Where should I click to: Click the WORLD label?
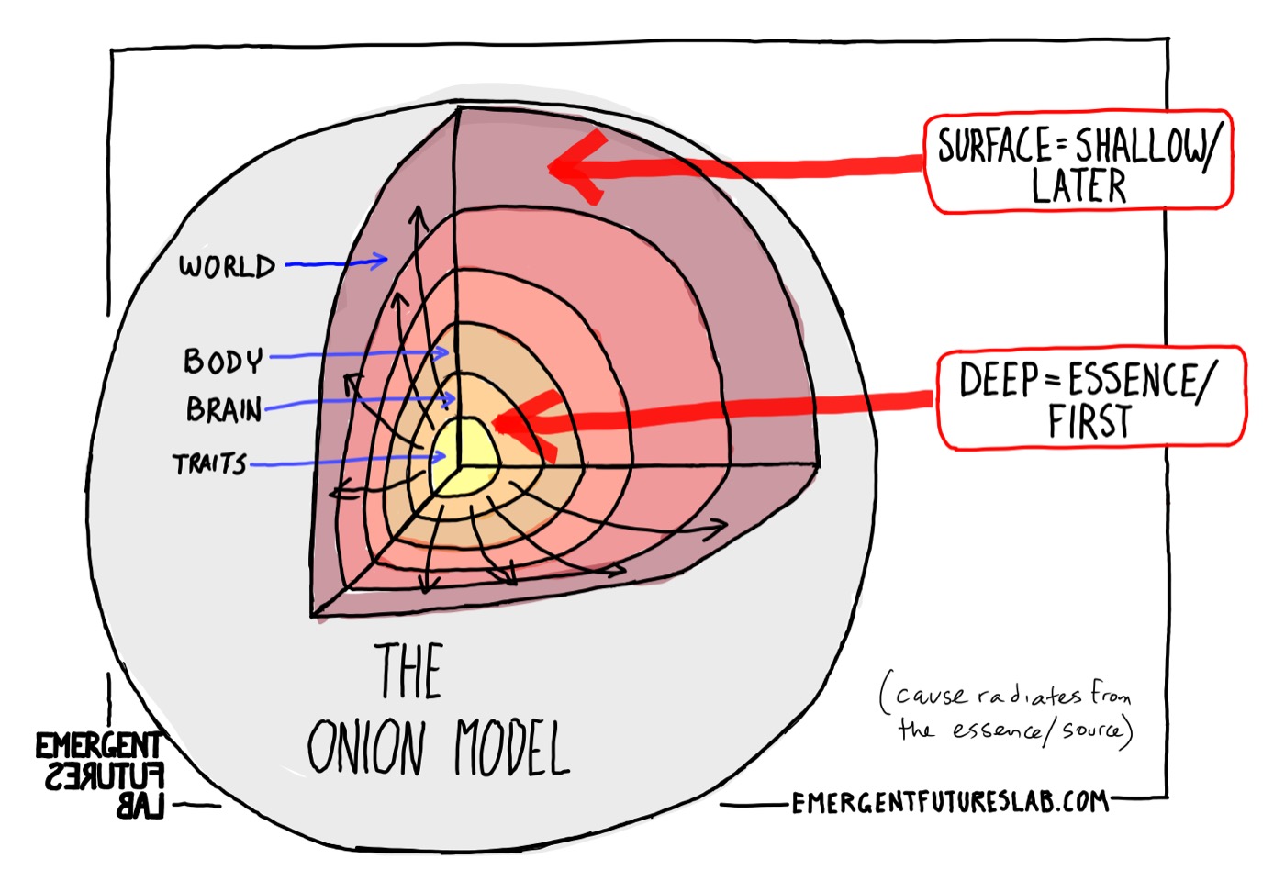(227, 266)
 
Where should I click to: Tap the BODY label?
(223, 361)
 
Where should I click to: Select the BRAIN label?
(224, 408)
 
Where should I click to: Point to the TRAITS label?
(210, 464)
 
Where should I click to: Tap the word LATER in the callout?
(1078, 187)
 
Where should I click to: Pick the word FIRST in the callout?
(1089, 423)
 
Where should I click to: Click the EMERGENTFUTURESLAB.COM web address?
(949, 803)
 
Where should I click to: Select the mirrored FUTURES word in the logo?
(104, 777)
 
